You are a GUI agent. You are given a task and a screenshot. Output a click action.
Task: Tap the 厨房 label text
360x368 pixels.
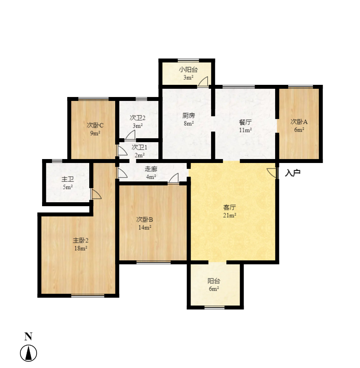pyautogui.click(x=189, y=116)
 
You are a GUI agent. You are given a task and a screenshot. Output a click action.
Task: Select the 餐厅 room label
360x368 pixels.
pyautogui.click(x=245, y=122)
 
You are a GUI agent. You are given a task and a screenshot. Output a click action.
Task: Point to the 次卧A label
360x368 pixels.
pyautogui.click(x=299, y=122)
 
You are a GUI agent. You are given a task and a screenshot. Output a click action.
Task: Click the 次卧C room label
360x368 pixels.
pyautogui.click(x=95, y=125)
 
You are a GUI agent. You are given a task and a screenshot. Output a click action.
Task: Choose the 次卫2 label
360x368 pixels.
pyautogui.click(x=138, y=117)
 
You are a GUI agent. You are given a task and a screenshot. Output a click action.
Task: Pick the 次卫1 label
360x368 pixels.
pyautogui.click(x=139, y=147)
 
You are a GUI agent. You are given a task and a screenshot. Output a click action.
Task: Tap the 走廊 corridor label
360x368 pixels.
pyautogui.click(x=151, y=169)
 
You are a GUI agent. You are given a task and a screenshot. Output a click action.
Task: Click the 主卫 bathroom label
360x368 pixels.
pyautogui.click(x=68, y=179)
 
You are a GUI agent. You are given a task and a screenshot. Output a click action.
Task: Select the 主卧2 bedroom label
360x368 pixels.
pyautogui.click(x=80, y=240)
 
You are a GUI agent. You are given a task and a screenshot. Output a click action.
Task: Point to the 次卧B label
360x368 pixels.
pyautogui.click(x=144, y=219)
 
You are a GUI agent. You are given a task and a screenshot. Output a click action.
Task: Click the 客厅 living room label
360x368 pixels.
pyautogui.click(x=230, y=207)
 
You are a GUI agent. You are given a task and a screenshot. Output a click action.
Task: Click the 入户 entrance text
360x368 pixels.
pyautogui.click(x=293, y=172)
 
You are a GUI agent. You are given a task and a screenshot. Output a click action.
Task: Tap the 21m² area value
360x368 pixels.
pyautogui.click(x=230, y=215)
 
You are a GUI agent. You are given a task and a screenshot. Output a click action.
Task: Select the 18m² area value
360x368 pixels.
pyautogui.click(x=80, y=248)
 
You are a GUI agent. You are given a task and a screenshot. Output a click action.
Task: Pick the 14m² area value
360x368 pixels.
pyautogui.click(x=144, y=227)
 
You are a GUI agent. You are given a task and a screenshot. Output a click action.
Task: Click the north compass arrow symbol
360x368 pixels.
pyautogui.click(x=28, y=353)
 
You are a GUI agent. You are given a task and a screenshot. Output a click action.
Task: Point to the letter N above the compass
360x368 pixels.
pyautogui.click(x=28, y=336)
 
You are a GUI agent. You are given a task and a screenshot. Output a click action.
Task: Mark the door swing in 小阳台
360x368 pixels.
pyautogui.click(x=203, y=82)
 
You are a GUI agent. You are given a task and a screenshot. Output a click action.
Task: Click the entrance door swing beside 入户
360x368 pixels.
pyautogui.click(x=272, y=172)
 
